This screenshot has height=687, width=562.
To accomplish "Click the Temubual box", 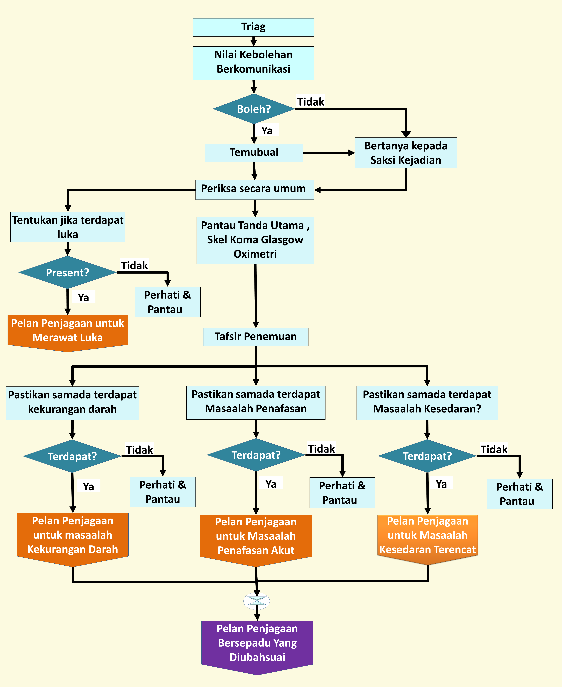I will pyautogui.click(x=254, y=153).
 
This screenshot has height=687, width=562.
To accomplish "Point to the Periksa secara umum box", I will pyautogui.click(x=254, y=190).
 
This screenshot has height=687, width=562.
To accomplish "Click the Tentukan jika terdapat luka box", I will pyautogui.click(x=68, y=227).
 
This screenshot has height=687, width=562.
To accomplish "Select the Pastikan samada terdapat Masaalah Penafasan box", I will pyautogui.click(x=256, y=402).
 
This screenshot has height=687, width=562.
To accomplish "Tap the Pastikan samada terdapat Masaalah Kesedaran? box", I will pyautogui.click(x=427, y=403).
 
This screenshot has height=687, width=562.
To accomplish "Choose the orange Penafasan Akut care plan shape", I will pyautogui.click(x=256, y=538).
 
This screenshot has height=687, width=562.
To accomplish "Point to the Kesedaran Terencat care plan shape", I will pyautogui.click(x=427, y=537).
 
